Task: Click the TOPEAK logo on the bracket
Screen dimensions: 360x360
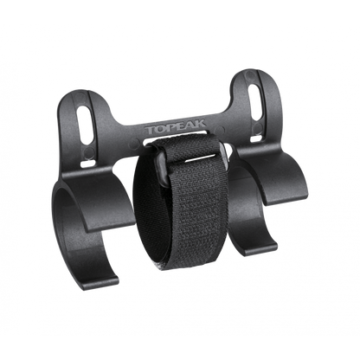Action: tap(176, 127)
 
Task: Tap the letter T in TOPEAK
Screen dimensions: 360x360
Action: tap(150, 130)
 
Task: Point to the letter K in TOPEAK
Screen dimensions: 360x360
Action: tap(201, 124)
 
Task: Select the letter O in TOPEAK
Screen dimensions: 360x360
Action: tap(159, 129)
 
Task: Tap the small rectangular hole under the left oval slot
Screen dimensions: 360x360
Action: tap(86, 164)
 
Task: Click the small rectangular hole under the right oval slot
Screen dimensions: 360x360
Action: tap(254, 139)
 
